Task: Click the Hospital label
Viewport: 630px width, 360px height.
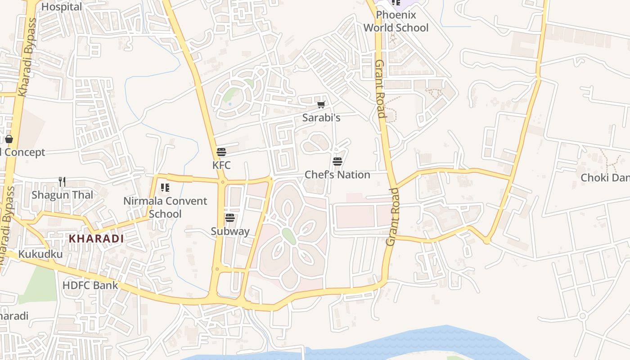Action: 62,7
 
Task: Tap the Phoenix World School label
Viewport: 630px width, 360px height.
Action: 396,21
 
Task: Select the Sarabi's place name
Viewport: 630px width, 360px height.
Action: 321,118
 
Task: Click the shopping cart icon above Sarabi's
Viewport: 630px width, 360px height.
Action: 321,105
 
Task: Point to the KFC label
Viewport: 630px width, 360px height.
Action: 221,165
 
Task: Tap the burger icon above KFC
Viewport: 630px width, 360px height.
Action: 221,152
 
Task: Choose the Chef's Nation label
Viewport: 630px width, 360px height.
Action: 337,175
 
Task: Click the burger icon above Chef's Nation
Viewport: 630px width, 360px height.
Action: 337,162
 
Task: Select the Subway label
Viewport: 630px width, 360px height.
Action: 230,231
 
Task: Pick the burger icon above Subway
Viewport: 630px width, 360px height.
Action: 230,218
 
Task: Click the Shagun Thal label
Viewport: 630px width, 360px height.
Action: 62,195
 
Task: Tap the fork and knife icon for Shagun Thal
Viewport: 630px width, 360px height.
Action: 62,182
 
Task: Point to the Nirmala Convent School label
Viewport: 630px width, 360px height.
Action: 165,207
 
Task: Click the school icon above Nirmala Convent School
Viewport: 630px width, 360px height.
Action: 165,188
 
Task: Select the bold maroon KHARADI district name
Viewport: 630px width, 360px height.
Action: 96,238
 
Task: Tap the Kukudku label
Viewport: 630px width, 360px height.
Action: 40,254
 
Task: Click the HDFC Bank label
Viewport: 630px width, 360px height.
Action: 90,285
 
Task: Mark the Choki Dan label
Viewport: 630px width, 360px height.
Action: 605,178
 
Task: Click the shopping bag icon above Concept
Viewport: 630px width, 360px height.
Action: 9,139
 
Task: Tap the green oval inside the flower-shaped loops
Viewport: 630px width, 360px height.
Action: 289,236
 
